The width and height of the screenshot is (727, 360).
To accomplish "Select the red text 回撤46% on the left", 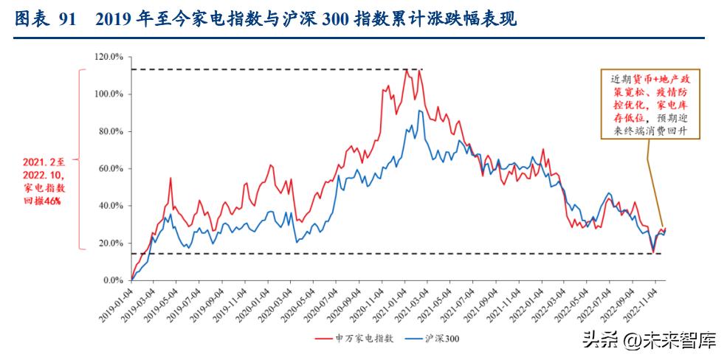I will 43,201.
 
